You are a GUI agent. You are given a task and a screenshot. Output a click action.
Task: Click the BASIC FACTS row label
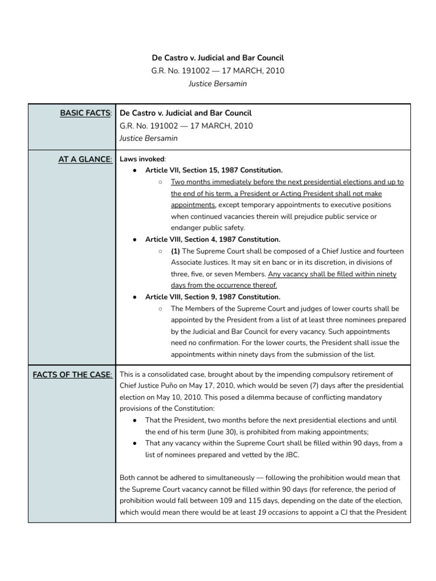tap(86, 113)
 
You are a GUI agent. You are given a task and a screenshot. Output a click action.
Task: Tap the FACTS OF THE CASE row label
tap(72, 374)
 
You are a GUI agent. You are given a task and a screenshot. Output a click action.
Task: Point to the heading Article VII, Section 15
tap(214, 170)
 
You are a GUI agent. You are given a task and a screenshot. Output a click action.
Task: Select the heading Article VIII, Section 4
tap(213, 239)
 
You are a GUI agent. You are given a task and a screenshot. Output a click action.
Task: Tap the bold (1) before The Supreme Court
tap(175, 251)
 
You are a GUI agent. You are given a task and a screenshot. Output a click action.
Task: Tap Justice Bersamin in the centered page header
tap(218, 84)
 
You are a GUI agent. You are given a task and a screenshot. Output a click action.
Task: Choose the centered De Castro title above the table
tap(218, 58)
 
